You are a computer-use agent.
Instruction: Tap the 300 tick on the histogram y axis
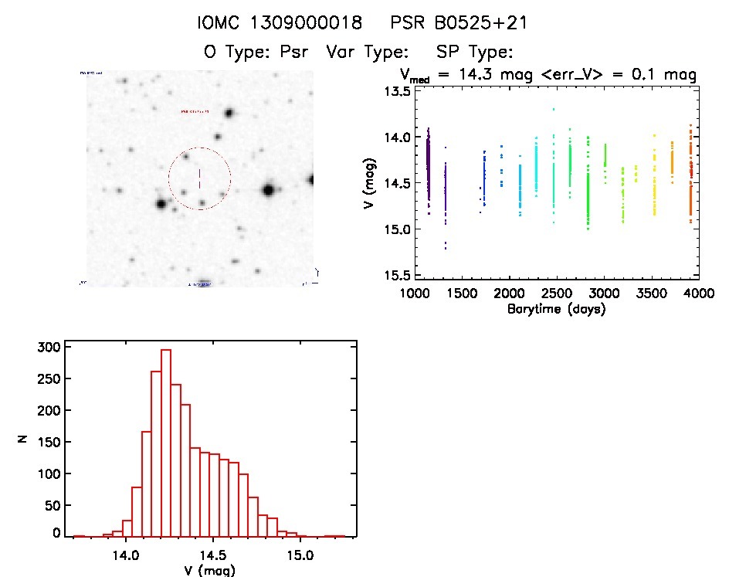(47, 348)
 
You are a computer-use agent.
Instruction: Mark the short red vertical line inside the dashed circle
(199, 178)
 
